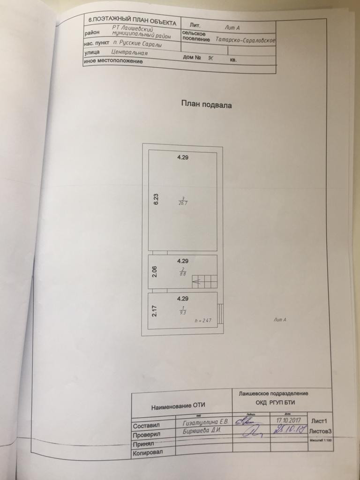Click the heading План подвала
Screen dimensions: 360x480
tap(206, 105)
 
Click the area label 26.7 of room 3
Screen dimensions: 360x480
tap(182, 203)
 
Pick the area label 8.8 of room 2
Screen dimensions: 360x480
tap(182, 274)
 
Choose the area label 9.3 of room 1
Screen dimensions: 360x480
tap(182, 312)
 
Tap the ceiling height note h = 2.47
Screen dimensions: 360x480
tap(203, 321)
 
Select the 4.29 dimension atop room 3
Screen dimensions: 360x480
tap(182, 158)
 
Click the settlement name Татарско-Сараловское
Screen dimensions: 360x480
tap(246, 40)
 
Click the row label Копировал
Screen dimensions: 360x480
tap(147, 453)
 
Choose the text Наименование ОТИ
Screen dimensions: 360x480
tap(178, 405)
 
